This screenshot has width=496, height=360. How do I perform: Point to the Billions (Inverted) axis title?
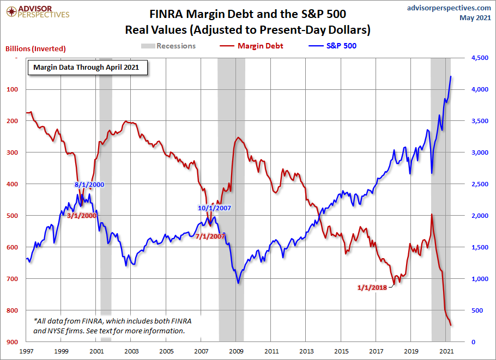click(35, 48)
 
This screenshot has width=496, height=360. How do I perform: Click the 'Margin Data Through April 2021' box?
click(86, 68)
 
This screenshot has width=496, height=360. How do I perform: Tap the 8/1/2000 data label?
click(89, 185)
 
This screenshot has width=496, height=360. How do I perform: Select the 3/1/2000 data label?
click(82, 216)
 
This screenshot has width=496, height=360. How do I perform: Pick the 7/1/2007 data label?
click(210, 236)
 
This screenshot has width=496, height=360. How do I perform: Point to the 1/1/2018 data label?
click(372, 287)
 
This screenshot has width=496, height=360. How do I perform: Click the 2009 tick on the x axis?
click(236, 352)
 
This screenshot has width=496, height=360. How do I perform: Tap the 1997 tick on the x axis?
click(26, 352)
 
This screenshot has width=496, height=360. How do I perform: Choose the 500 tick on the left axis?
click(11, 216)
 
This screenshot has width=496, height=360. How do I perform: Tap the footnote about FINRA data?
click(108, 326)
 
